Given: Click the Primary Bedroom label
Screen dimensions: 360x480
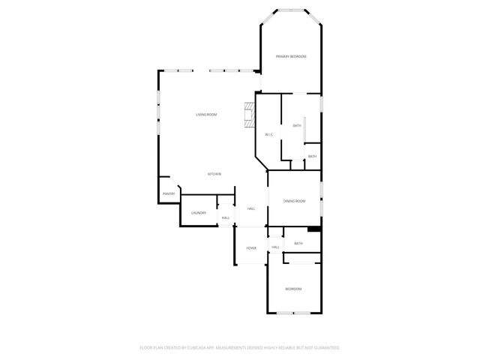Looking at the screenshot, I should coord(290,56).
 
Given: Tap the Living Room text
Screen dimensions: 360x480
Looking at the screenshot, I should coord(206,115).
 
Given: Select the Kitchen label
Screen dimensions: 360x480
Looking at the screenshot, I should coord(214,174).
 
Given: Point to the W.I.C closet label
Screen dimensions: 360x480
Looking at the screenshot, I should coord(268,135).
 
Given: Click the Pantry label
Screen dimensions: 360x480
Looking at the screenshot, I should coord(169,194).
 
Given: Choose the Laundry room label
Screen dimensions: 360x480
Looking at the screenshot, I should coord(198,213).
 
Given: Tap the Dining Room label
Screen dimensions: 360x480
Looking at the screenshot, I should coord(294,201).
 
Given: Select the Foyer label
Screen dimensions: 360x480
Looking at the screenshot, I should coord(251,248).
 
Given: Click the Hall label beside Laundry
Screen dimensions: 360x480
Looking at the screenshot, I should coord(225,217).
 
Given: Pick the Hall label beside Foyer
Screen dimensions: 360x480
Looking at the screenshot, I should coord(275,247).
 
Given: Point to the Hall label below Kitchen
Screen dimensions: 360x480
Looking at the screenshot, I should coord(251,208).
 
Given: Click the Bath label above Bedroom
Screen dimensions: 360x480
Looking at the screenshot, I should coord(298,243).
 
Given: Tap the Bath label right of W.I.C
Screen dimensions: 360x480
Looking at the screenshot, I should coord(297,125).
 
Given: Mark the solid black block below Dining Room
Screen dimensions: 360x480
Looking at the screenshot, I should coord(314,229).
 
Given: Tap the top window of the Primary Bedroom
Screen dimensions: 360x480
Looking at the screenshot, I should coord(290,10).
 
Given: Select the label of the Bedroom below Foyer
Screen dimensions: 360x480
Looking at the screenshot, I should coord(293,289).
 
